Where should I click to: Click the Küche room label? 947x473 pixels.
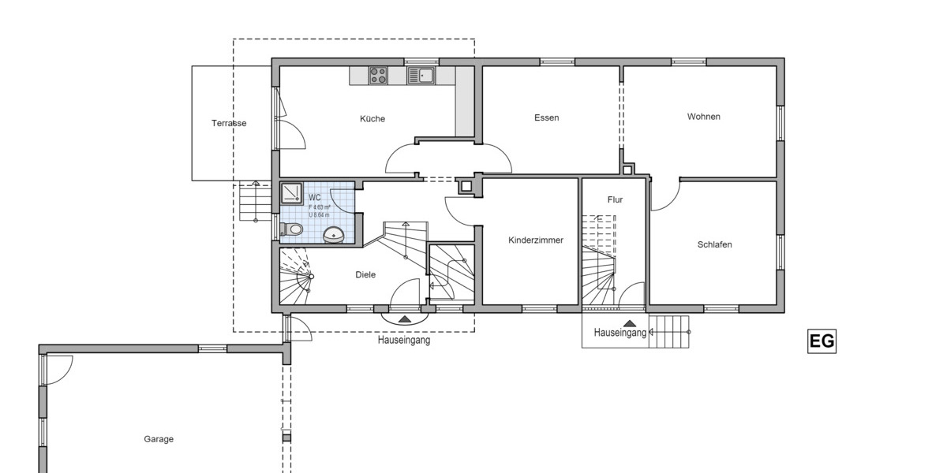click(372, 119)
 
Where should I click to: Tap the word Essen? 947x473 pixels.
click(546, 117)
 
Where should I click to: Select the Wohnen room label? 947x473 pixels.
click(703, 117)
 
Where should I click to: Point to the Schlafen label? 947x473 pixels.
click(714, 244)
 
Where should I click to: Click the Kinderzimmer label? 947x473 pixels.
click(536, 240)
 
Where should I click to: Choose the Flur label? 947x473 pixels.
click(615, 200)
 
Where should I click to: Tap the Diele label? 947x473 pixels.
click(365, 275)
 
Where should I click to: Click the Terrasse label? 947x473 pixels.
click(229, 123)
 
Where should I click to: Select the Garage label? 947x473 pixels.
click(159, 439)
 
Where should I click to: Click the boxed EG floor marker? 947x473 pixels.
click(822, 341)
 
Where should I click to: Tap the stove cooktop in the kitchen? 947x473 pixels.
click(378, 76)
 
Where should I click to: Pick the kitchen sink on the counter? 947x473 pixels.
click(421, 76)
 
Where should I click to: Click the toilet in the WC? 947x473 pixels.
click(292, 229)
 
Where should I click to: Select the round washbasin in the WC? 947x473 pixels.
click(334, 234)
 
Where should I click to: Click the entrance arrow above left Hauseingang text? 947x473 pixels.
click(405, 319)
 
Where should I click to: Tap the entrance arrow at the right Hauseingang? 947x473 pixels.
click(629, 322)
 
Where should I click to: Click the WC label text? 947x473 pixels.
click(315, 197)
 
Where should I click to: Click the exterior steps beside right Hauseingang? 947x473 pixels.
click(671, 331)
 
